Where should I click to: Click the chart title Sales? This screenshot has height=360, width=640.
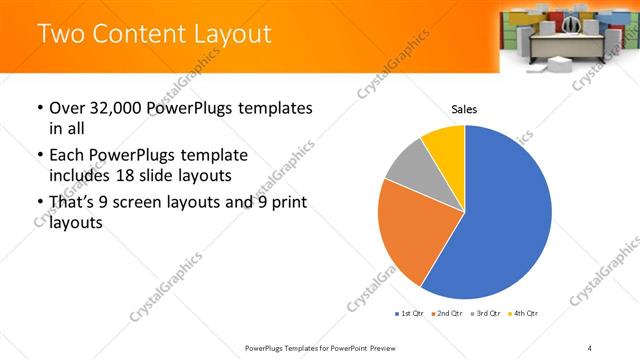click(464, 108)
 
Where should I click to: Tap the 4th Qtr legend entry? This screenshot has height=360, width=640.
click(525, 314)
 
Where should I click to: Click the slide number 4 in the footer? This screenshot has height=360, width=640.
click(590, 348)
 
